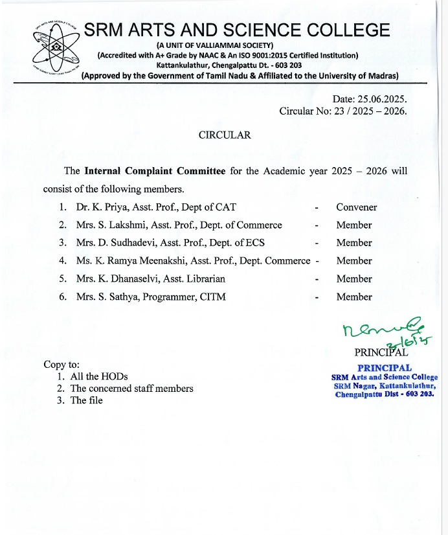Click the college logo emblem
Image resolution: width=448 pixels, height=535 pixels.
tap(55, 49)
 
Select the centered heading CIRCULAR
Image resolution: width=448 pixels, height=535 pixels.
tap(224, 135)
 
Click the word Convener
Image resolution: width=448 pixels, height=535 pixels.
tap(356, 207)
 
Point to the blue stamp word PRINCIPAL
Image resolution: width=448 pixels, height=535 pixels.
tap(385, 368)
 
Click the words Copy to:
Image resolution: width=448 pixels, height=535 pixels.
tap(62, 365)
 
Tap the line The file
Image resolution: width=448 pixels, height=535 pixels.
tap(86, 400)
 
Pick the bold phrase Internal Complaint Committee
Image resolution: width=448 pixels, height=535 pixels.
tap(155, 172)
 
